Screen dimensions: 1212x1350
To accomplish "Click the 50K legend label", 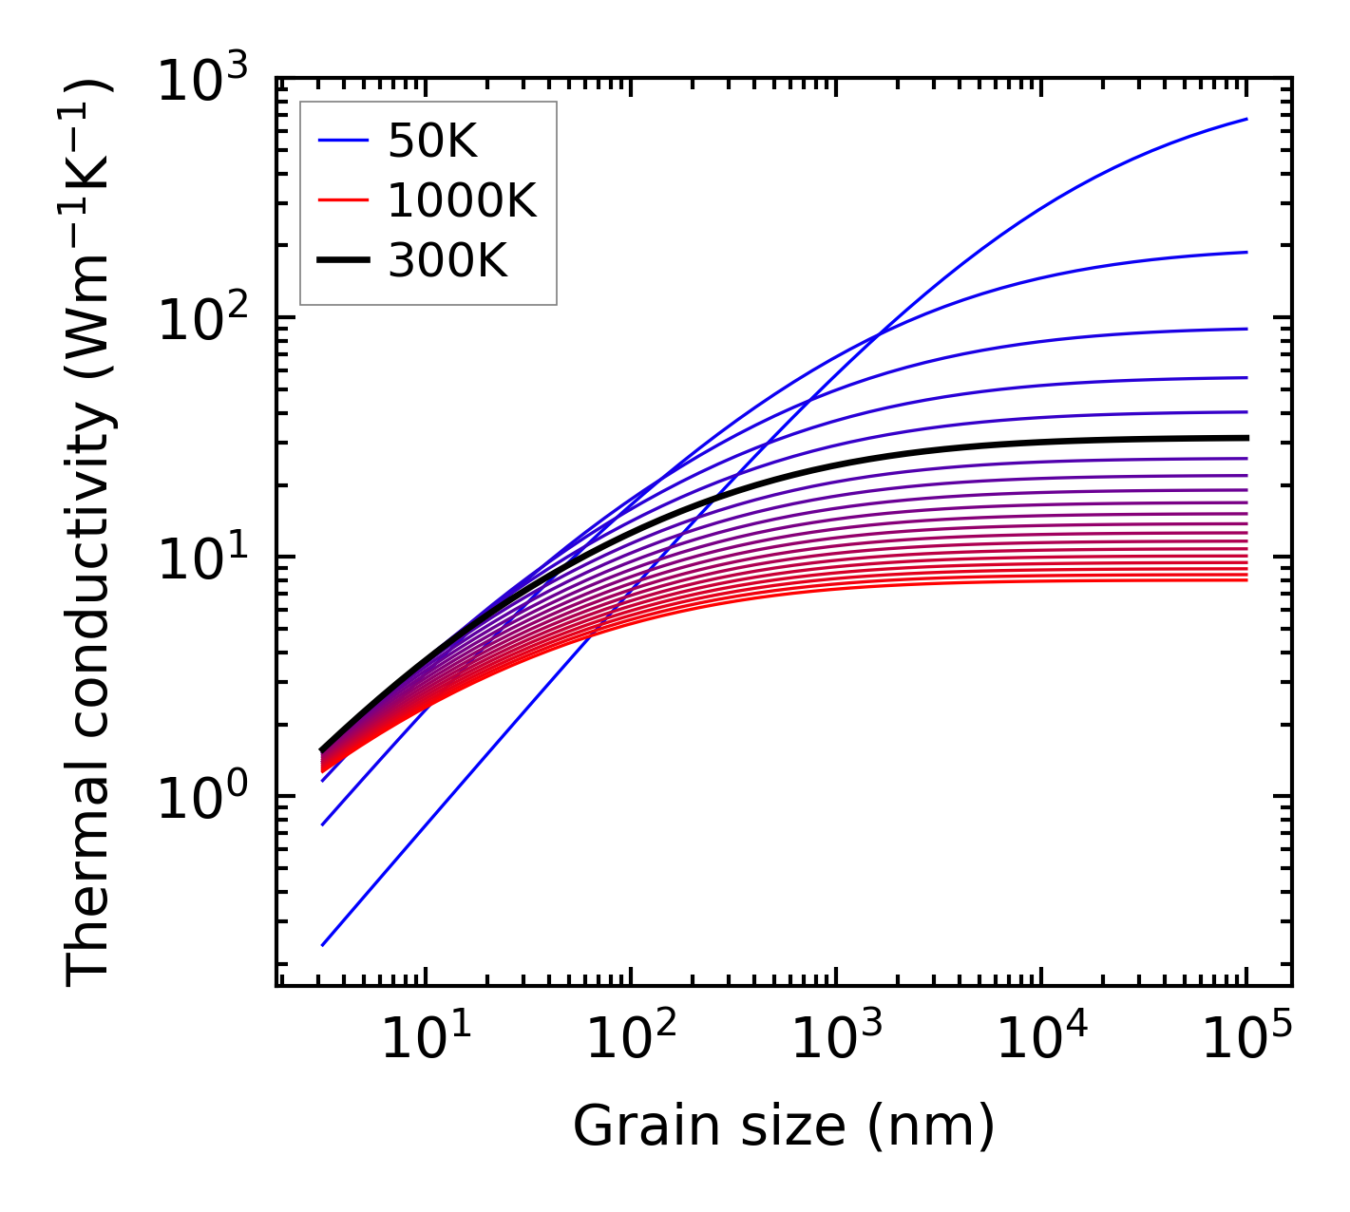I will (432, 142).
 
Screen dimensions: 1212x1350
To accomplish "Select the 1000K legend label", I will (462, 200).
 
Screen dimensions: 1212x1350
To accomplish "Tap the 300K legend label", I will (447, 259).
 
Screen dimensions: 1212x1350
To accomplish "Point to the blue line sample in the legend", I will (343, 142).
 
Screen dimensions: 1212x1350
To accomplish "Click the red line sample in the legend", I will (343, 200).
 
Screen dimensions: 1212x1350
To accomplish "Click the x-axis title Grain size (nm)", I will (784, 1127).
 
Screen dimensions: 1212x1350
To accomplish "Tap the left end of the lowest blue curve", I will (323, 945).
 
